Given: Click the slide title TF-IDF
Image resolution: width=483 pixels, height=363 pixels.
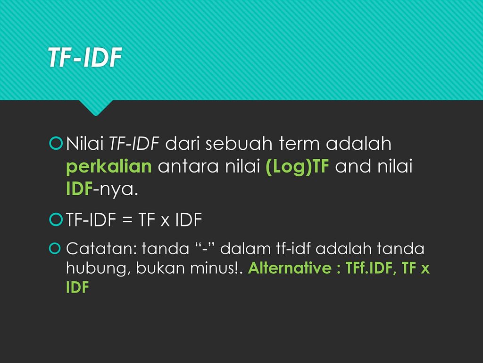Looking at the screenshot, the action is coord(85,57).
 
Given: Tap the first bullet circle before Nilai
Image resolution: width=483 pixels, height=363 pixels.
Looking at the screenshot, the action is coord(56,144).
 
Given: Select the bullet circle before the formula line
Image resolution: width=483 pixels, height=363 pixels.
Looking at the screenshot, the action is coord(56,219).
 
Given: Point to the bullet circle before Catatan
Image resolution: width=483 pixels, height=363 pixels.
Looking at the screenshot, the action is coord(55,248).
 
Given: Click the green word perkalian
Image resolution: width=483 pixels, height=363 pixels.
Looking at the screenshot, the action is coord(109,167).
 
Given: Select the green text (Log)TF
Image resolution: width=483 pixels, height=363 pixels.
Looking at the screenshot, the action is coord(297,167).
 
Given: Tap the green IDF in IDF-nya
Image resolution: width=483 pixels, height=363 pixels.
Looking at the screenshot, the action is coord(79,189).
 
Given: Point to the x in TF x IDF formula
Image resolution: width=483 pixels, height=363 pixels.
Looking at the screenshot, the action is coord(165,221).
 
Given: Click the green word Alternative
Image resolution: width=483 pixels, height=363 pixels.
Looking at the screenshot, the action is coord(290,268).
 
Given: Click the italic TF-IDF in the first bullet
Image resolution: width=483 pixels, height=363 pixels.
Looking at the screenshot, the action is coord(134,144).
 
